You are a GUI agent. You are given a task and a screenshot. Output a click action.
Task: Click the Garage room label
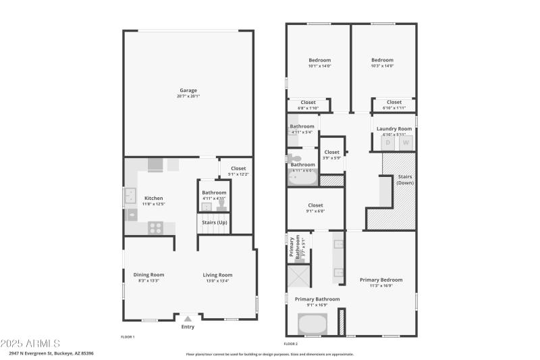(188, 91)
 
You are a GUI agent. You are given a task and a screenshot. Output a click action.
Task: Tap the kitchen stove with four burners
(155, 228)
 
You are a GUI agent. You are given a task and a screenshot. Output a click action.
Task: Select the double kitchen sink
(128, 197)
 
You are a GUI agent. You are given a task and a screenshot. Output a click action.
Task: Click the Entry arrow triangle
(188, 317)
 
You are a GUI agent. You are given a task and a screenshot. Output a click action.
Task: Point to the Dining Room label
(148, 275)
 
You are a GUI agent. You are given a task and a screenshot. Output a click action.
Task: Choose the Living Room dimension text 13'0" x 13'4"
(218, 280)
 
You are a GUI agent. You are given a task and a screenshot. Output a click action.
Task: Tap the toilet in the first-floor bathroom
(221, 205)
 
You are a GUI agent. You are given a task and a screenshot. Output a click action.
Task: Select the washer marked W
(406, 143)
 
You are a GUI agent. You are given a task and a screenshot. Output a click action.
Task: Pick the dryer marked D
(388, 143)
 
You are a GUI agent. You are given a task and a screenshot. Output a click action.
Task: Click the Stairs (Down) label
(404, 179)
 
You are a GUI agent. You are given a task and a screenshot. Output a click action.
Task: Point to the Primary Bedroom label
(381, 280)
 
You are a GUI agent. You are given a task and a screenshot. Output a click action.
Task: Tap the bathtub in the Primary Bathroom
(312, 325)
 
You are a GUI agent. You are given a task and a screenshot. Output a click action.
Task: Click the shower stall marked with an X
(298, 277)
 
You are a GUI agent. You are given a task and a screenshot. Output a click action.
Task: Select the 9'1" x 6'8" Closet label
(315, 205)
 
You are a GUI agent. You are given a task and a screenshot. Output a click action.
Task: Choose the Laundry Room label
(394, 128)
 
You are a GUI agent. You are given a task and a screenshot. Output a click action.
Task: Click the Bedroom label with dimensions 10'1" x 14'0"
(319, 60)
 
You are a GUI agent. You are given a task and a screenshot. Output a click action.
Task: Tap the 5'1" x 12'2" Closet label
(238, 168)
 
